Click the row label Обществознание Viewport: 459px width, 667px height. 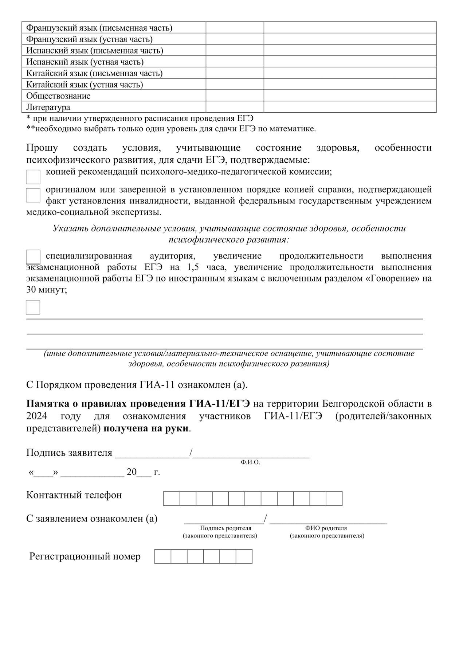(x=58, y=96)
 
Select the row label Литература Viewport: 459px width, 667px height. (x=48, y=107)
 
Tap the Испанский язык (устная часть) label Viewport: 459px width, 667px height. (x=85, y=62)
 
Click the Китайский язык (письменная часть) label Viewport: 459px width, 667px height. (x=94, y=73)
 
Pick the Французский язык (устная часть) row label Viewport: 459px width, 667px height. (x=89, y=39)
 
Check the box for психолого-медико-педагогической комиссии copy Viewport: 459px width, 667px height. (x=33, y=177)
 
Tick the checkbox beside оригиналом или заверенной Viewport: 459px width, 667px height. (x=33, y=195)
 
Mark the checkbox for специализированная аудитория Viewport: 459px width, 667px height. (x=33, y=257)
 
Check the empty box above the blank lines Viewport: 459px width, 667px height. (x=33, y=307)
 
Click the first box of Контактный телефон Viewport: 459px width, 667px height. (x=172, y=499)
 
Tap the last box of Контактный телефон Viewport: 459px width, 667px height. (x=334, y=499)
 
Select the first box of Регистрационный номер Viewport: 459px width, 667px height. (x=163, y=557)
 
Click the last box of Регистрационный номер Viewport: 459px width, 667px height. (x=244, y=557)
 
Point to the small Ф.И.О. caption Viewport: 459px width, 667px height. (x=250, y=462)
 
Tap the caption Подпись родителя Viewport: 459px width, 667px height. (x=225, y=528)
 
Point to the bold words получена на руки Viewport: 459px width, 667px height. (x=146, y=428)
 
